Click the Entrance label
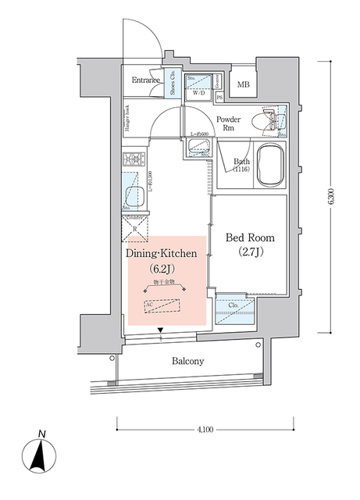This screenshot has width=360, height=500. pos(146,80)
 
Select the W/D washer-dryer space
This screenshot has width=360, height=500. pos(198,87)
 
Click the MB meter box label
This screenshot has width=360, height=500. pos(244,84)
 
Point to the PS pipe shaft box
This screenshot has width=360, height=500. pos(220,98)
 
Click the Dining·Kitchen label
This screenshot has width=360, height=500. pos(165,254)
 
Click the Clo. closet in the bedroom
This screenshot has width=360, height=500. pos(233,306)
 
